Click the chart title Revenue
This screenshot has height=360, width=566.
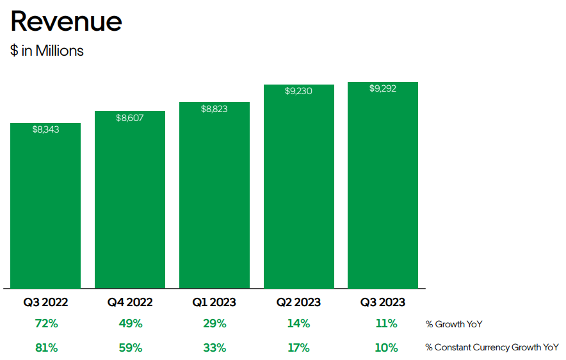pos(67,21)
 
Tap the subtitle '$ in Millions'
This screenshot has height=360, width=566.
pos(47,51)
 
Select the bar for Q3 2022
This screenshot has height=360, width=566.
pos(45,206)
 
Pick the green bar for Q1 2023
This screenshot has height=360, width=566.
pos(214,195)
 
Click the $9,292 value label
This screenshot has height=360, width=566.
pos(383,88)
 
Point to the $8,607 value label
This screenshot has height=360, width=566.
pos(129,118)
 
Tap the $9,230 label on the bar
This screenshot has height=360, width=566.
pos(298,91)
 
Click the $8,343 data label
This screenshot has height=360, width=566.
pos(45,129)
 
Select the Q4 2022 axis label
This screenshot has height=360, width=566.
pos(130,302)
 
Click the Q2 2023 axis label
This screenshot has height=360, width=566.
pos(298,302)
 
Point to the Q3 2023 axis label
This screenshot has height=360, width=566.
pos(383,302)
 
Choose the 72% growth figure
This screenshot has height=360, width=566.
pos(46,323)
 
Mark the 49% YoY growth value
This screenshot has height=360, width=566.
pos(131,323)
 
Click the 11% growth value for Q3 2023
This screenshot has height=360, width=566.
pos(386,323)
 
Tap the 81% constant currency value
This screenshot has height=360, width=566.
pos(46,348)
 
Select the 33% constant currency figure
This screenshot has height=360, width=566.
pos(214,348)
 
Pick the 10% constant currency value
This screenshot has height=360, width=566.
pos(386,348)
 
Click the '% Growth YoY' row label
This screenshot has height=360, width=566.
pos(454,324)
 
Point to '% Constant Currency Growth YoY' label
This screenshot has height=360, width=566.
pos(492,347)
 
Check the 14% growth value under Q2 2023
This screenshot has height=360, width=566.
pos(298,323)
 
